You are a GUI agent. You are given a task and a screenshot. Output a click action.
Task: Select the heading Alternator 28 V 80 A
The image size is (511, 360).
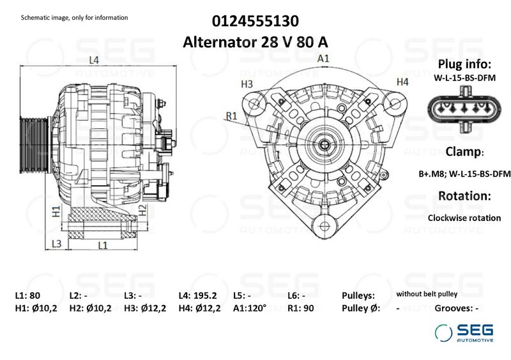(x=255, y=42)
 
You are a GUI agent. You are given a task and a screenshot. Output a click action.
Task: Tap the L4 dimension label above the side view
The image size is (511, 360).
(x=93, y=60)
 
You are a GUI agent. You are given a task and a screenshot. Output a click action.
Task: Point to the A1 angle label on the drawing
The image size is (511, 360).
(x=323, y=58)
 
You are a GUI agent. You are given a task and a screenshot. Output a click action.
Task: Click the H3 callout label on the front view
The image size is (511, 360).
(x=247, y=84)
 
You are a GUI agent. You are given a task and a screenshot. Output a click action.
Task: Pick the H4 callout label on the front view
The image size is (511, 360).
(x=402, y=82)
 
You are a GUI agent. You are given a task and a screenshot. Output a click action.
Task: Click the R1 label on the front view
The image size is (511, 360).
(x=232, y=116)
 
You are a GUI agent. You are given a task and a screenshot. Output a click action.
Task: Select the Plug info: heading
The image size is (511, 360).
(x=464, y=64)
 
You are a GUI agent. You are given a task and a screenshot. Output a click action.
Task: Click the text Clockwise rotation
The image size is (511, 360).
(x=464, y=218)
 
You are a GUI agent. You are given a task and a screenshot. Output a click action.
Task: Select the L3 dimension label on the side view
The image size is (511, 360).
(x=56, y=243)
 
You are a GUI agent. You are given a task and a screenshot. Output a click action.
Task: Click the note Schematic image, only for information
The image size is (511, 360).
(x=75, y=17)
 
